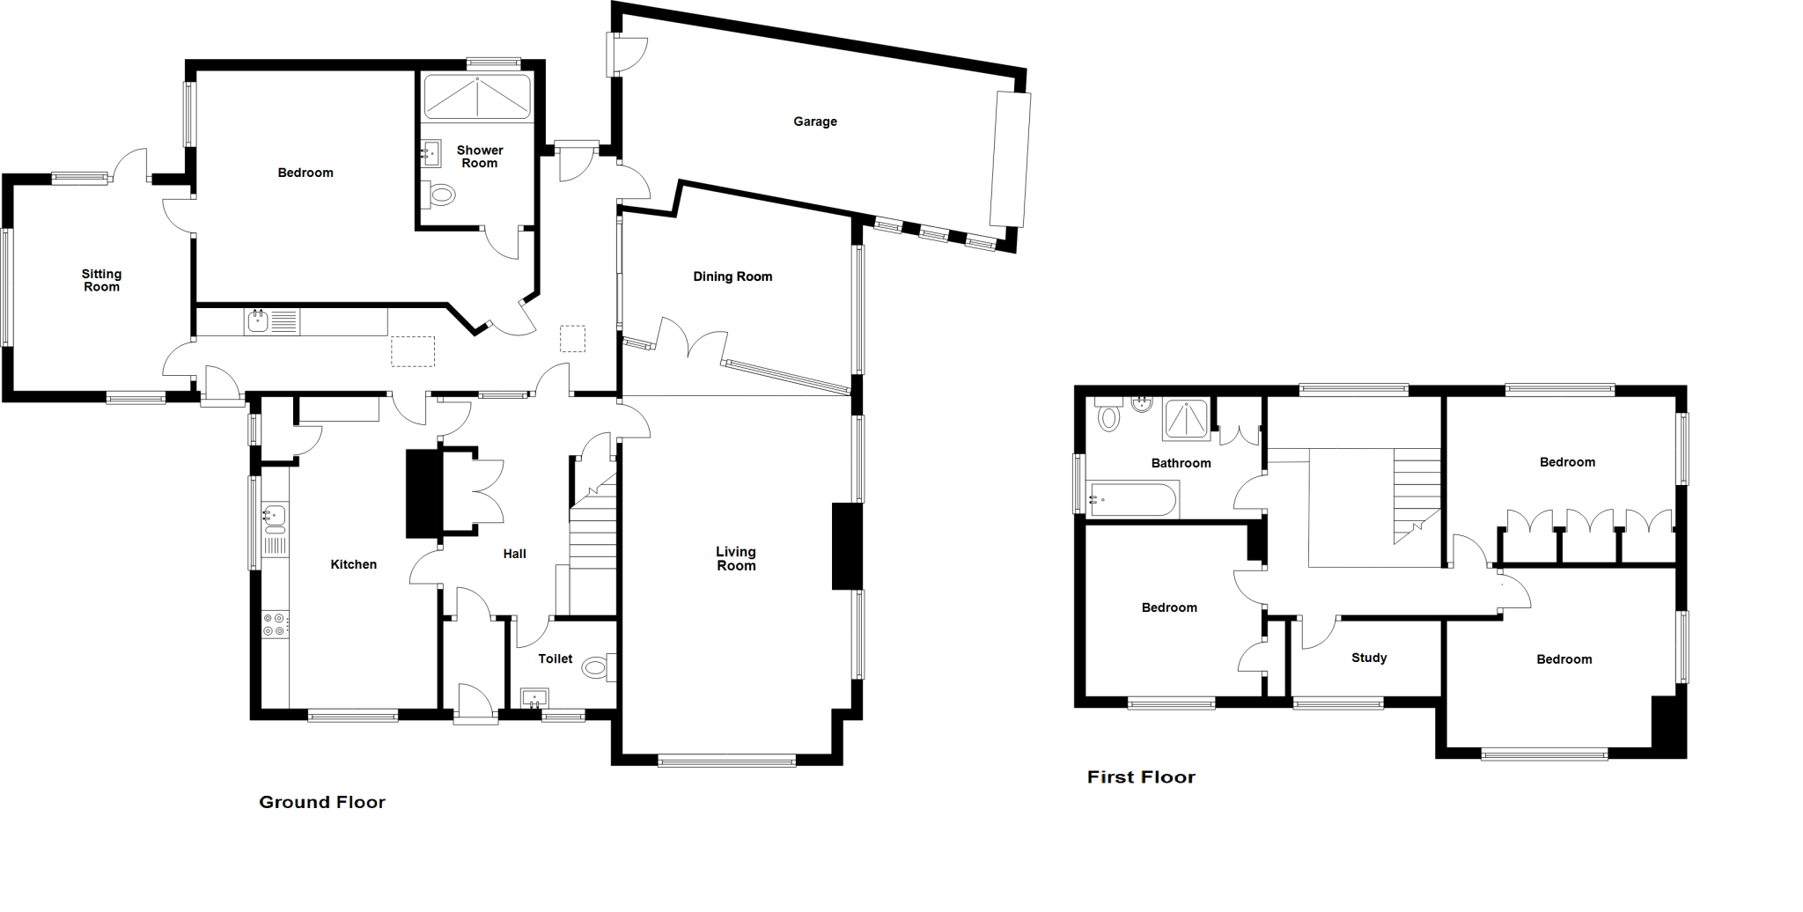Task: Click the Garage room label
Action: point(814,121)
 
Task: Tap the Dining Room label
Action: point(732,276)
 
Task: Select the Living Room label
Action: point(736,559)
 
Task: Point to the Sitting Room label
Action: point(101,281)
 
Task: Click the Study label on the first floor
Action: point(1369,658)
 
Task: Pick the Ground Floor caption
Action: point(322,802)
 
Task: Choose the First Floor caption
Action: point(1141,777)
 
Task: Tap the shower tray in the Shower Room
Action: point(477,97)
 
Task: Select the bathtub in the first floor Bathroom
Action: point(1133,499)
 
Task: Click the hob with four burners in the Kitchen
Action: point(275,625)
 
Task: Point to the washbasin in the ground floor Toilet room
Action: point(534,699)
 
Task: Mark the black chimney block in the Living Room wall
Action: point(846,546)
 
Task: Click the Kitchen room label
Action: point(353,564)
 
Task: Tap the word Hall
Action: point(514,554)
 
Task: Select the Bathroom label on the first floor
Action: point(1181,463)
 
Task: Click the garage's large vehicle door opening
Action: point(1011,159)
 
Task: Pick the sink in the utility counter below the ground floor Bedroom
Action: point(258,321)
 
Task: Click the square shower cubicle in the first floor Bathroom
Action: point(1187,420)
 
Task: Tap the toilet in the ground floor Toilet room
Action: point(599,668)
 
